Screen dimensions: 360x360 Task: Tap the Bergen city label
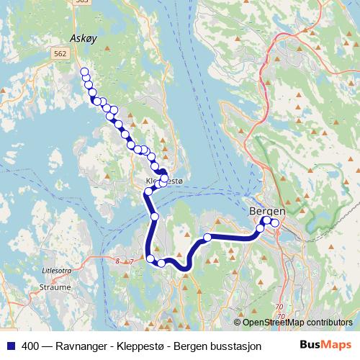click(x=267, y=211)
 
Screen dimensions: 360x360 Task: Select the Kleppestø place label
click(x=164, y=181)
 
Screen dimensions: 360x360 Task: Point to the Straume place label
click(x=56, y=286)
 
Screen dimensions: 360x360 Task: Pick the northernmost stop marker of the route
click(x=84, y=71)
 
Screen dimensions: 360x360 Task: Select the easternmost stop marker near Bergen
click(x=275, y=222)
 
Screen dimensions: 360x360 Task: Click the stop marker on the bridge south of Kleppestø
click(x=154, y=216)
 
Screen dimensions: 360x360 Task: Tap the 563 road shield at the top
click(x=83, y=2)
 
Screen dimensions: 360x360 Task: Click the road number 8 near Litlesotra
click(x=117, y=261)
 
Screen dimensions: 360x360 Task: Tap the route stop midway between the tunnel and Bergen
click(x=207, y=237)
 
